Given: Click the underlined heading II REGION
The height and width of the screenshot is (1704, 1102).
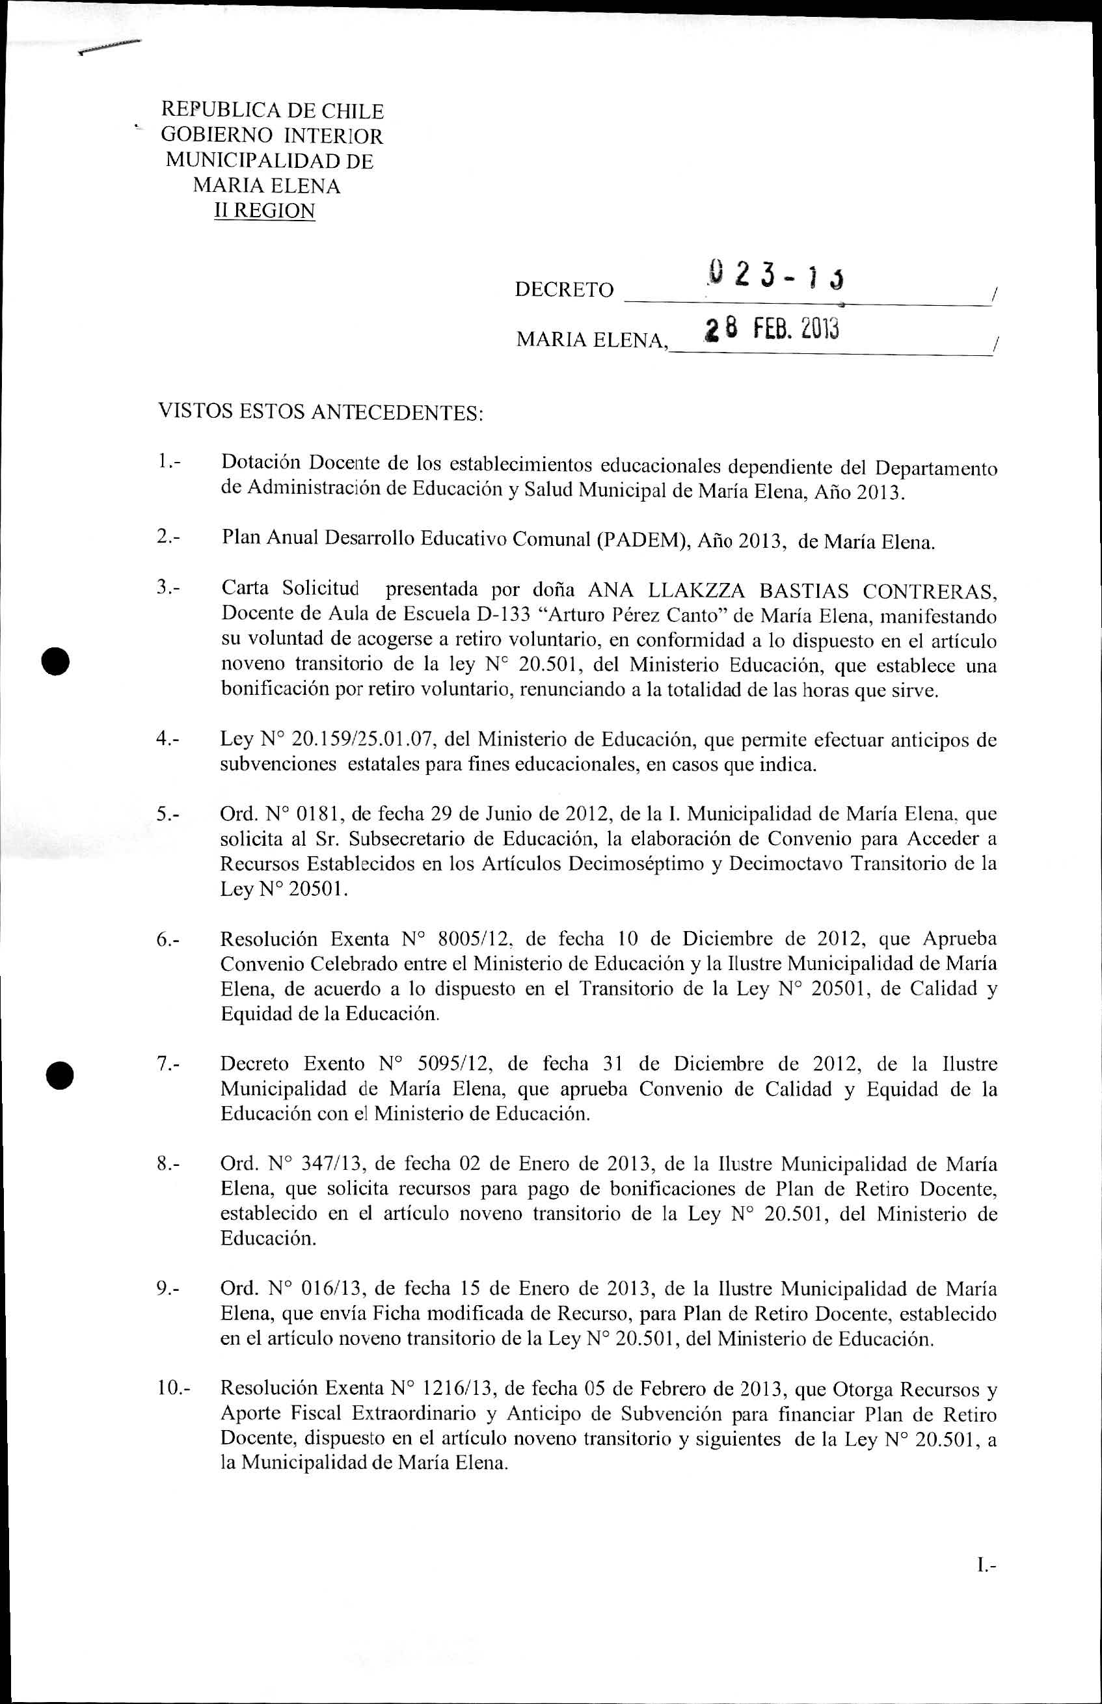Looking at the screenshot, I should [265, 211].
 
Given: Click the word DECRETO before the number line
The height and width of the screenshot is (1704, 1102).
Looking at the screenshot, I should [564, 290].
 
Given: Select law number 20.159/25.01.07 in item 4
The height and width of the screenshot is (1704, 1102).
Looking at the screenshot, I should [362, 739].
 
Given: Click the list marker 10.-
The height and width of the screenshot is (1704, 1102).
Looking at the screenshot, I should [174, 1389].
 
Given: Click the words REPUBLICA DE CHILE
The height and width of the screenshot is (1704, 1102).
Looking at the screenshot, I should [273, 111].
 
